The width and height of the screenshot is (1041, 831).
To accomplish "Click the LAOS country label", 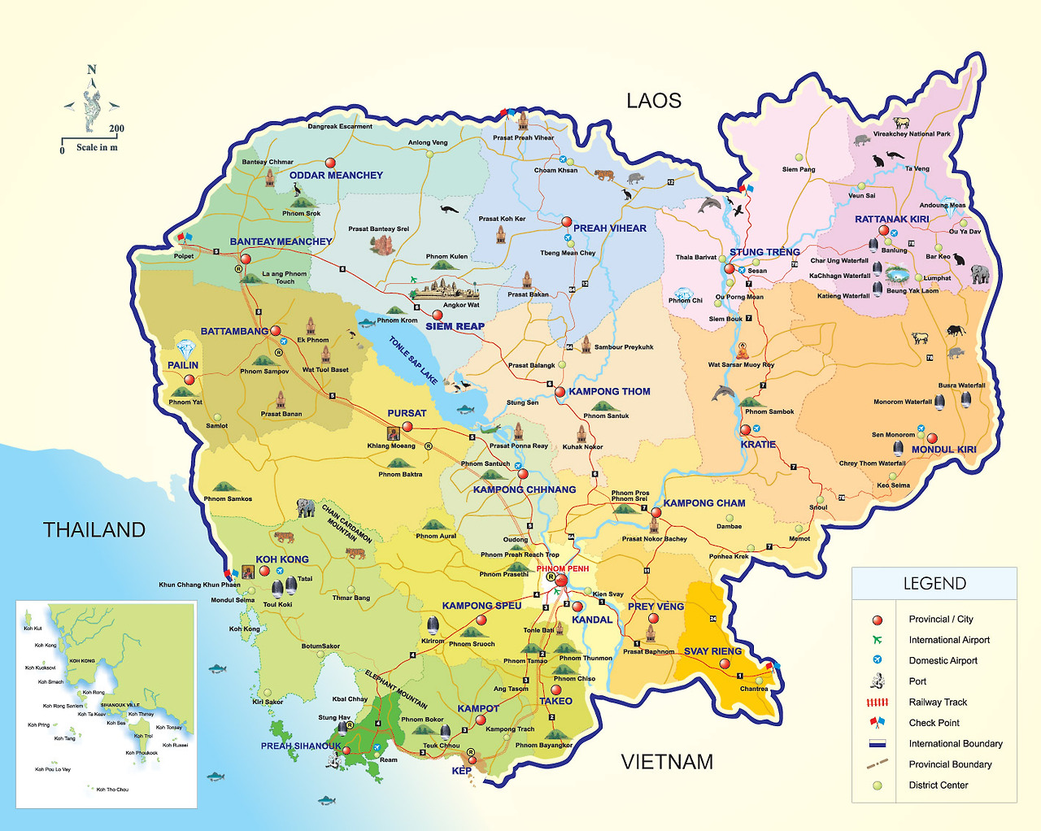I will coord(653,101).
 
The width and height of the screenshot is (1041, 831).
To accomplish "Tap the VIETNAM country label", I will coord(667,762).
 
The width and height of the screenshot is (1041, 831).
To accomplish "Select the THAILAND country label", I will coord(94,530).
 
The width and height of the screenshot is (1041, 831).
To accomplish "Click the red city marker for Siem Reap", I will coord(438,315).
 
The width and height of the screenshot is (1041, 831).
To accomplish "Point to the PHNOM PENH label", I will coord(562,568).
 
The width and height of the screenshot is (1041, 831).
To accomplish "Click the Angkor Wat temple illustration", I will coord(444,289).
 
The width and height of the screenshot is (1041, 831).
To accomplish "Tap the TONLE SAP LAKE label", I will coord(413,360).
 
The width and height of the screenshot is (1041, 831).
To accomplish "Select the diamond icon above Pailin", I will coord(186,350).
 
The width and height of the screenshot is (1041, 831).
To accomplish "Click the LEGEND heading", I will coord(934,584).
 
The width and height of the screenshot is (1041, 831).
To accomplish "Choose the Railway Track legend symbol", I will coord(877,703).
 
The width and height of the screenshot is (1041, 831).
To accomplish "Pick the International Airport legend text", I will coord(949,640).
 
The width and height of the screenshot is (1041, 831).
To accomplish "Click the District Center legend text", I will coord(939,785).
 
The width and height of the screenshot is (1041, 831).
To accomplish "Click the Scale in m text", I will coord(97,148).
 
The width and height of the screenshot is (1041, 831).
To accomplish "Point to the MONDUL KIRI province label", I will coord(943,450).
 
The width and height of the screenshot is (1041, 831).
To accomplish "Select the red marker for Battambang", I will coord(276,331).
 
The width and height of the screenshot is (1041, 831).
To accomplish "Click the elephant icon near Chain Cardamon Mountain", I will coord(306,508).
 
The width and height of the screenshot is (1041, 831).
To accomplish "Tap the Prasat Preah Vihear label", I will coord(523,138).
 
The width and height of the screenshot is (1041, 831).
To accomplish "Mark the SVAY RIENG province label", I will coord(712,651).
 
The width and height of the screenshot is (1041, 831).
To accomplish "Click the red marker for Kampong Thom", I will coord(560,392).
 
